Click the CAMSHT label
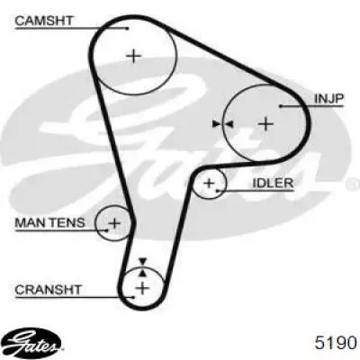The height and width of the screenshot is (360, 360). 44,21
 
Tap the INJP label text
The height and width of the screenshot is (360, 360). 328,99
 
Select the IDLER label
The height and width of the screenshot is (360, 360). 273,183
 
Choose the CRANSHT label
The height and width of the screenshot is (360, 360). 48,290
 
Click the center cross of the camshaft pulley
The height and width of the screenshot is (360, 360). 133,56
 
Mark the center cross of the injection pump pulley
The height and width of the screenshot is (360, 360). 265,123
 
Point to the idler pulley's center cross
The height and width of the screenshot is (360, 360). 209,183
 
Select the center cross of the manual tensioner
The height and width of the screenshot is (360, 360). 114,223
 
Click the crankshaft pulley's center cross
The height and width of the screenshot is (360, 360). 142,288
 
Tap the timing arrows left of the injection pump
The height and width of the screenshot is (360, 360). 222,123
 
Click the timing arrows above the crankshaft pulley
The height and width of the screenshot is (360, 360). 143,267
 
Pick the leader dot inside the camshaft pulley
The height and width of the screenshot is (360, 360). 128,29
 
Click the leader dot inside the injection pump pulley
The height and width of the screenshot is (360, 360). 281,106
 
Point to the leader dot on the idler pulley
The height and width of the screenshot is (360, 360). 218,190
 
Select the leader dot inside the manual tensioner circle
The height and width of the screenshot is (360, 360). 106,230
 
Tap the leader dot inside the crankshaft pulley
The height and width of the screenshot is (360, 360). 134,297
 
